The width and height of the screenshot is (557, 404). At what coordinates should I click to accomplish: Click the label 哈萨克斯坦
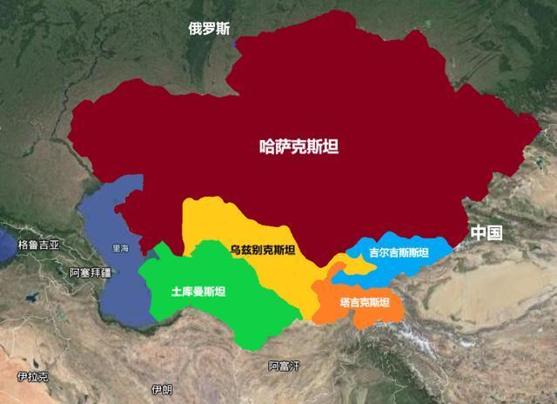point(299,147)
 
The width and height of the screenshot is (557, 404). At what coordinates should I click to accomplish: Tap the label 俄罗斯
point(209,28)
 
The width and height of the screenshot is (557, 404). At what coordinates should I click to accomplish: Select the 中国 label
point(486,232)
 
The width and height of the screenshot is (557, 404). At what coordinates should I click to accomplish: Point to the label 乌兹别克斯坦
point(262,251)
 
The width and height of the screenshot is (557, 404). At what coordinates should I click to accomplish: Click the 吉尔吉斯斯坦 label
point(399,252)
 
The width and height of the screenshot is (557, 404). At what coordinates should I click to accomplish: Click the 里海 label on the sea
point(120,248)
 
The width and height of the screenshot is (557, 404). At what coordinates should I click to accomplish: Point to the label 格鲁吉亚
point(38,246)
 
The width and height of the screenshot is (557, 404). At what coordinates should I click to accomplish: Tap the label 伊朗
point(161,389)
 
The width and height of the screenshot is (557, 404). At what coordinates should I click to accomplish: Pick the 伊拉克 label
point(32,377)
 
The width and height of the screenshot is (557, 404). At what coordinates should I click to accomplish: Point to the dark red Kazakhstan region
point(348,104)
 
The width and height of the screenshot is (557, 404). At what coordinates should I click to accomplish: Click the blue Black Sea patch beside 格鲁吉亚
point(6,246)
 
